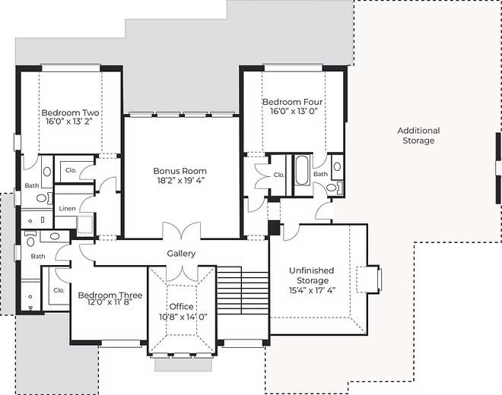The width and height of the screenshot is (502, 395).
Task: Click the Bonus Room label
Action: pyautogui.click(x=180, y=171)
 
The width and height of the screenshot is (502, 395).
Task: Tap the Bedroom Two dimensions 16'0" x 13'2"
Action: pyautogui.click(x=69, y=122)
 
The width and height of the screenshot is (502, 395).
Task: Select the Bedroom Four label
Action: pyautogui.click(x=292, y=102)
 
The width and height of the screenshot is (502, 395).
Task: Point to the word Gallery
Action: pyautogui.click(x=181, y=254)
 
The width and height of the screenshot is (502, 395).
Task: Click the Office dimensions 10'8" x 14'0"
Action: pyautogui.click(x=183, y=317)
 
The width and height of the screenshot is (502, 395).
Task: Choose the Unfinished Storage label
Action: pyautogui.click(x=312, y=276)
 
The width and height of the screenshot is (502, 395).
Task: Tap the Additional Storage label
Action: pyautogui.click(x=419, y=136)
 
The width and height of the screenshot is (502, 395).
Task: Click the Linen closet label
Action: pyautogui.click(x=67, y=209)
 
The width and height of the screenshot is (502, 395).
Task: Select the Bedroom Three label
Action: pyautogui.click(x=110, y=295)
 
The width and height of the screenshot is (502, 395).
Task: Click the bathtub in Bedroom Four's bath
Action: pyautogui.click(x=302, y=170)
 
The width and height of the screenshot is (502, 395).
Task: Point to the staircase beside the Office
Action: pyautogui.click(x=243, y=290)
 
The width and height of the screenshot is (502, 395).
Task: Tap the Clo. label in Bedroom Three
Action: pyautogui.click(x=59, y=290)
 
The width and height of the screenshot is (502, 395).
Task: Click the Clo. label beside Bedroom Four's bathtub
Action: pyautogui.click(x=279, y=175)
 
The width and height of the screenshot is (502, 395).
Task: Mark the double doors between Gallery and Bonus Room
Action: pyautogui.click(x=182, y=231)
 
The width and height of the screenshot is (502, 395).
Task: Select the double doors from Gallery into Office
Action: pyautogui.click(x=182, y=273)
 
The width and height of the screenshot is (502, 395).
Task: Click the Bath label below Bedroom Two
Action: pyautogui.click(x=32, y=185)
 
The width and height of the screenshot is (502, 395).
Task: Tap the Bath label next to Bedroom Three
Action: pyautogui.click(x=38, y=256)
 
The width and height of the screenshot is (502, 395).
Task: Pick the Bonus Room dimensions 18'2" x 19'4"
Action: pyautogui.click(x=180, y=180)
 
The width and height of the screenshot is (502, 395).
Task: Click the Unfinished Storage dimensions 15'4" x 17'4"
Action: pyautogui.click(x=312, y=290)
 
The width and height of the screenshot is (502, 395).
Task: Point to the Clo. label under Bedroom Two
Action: pyautogui.click(x=71, y=170)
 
